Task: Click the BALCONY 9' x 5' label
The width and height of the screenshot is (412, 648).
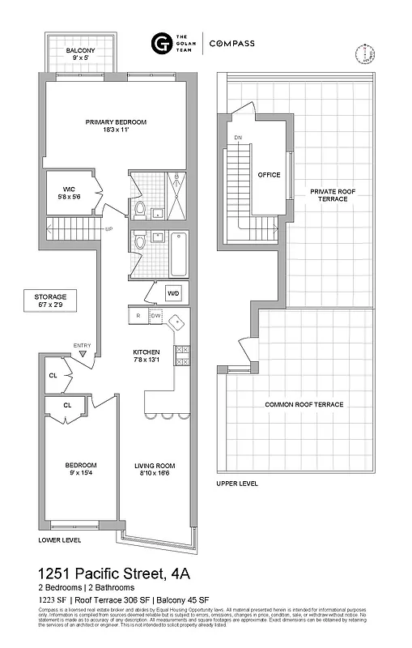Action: click(79, 53)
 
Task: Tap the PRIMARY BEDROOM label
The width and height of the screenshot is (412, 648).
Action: click(117, 126)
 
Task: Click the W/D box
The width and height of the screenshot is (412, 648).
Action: click(173, 293)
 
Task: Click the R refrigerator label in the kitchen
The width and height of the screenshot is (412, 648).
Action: click(138, 316)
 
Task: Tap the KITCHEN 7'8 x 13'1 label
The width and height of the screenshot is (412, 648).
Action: click(152, 356)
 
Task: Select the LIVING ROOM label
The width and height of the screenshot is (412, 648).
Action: click(155, 469)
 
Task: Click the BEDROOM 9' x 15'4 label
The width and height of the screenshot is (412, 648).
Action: click(81, 469)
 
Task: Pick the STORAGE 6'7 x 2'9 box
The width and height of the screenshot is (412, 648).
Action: click(50, 301)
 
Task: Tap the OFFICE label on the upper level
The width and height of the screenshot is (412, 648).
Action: click(269, 175)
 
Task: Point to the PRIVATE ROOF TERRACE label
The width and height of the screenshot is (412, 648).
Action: click(328, 195)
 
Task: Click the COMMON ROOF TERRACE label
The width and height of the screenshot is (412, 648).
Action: click(304, 404)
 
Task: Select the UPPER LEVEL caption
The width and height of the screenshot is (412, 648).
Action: click(237, 484)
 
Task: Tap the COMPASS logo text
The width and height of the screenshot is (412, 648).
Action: click(232, 44)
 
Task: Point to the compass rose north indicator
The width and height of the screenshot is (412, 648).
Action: click(366, 53)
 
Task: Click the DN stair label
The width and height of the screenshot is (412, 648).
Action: click(237, 138)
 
